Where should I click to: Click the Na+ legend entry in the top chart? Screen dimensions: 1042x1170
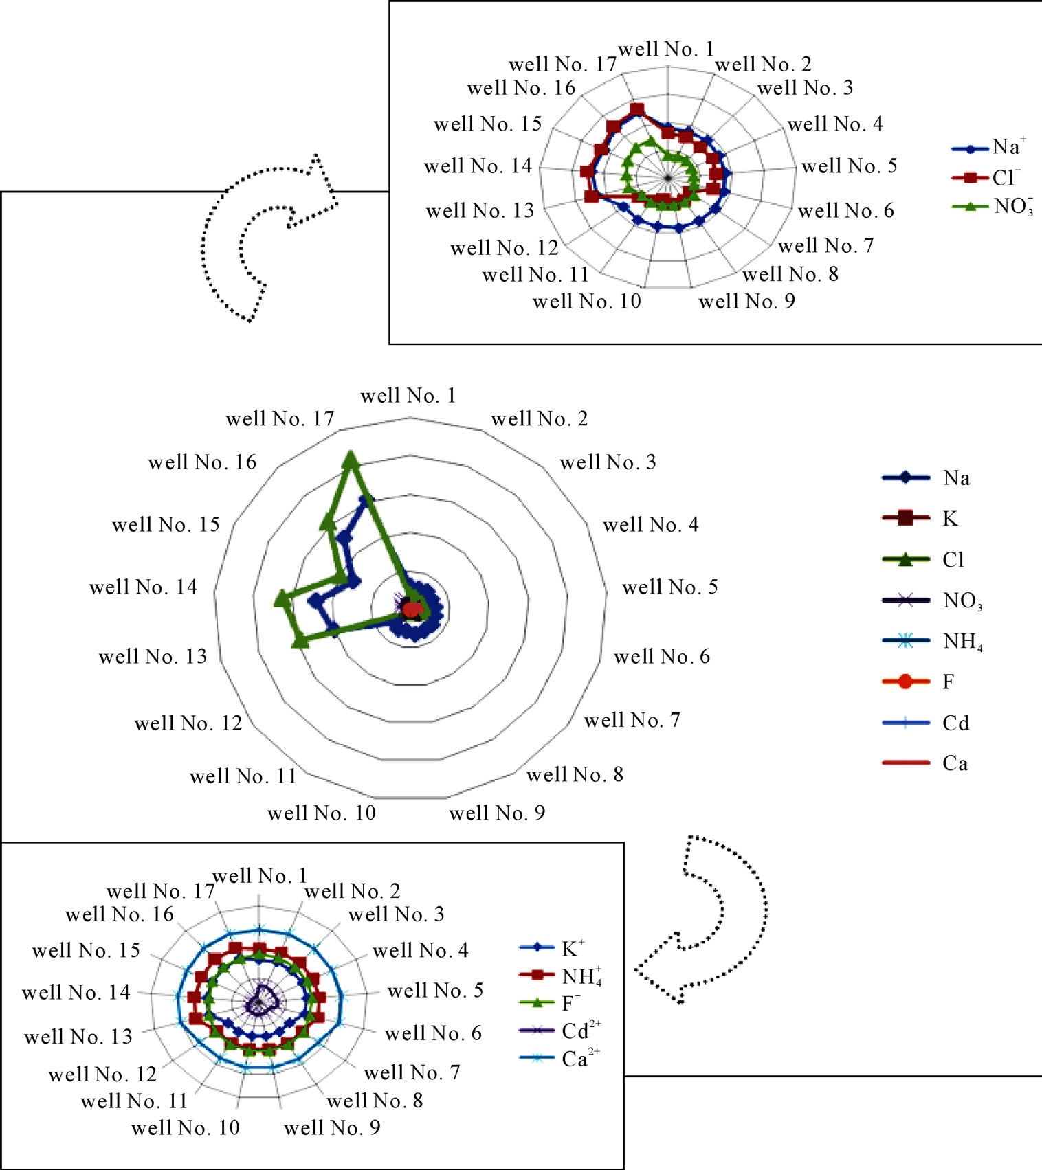[989, 147]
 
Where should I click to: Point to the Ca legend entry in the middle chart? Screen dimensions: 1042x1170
[925, 763]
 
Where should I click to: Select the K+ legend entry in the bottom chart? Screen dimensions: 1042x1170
[552, 948]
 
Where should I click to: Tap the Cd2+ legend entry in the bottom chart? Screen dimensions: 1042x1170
[560, 1031]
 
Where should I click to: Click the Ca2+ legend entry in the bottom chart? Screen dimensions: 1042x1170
[560, 1059]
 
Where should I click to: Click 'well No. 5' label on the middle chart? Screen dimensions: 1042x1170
[670, 587]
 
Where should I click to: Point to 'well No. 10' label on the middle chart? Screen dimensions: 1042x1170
[322, 813]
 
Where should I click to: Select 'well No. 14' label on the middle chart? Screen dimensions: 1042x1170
[143, 587]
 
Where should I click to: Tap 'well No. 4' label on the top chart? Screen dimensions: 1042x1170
[835, 124]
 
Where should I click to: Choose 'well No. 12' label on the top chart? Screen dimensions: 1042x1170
[505, 247]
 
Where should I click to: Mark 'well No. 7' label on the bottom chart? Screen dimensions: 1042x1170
[412, 1072]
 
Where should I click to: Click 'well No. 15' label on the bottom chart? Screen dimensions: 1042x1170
[86, 950]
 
